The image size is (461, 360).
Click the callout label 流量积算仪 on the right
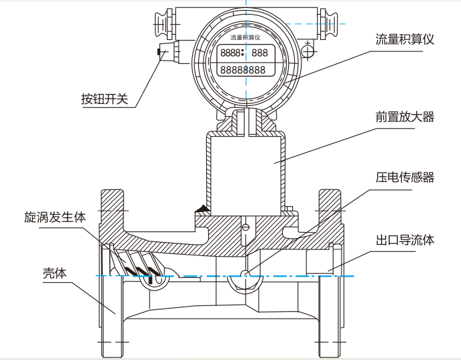pyautogui.click(x=404, y=39)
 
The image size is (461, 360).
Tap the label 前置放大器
pyautogui.click(x=404, y=117)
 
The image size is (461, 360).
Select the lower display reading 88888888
pyautogui.click(x=244, y=69)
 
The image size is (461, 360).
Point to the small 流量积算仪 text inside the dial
pyautogui.click(x=244, y=37)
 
